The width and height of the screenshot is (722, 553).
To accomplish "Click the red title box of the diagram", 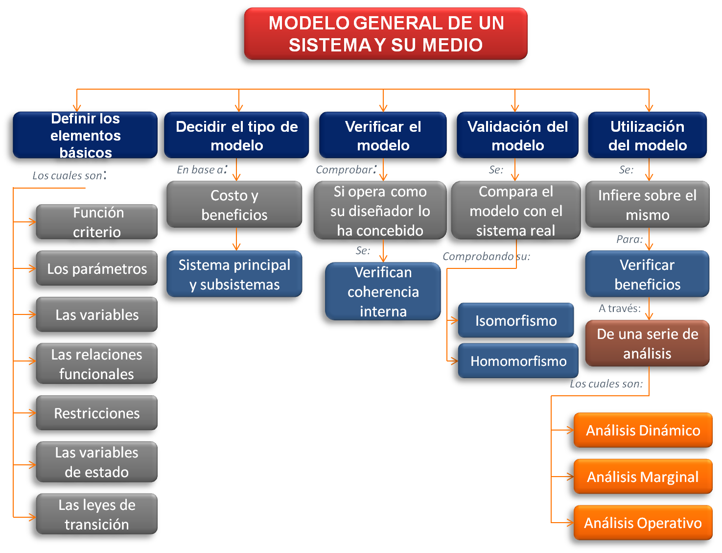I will pos(386,34).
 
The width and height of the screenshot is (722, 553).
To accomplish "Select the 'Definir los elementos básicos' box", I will pos(85,135).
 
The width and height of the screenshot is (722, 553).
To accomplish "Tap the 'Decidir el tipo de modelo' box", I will pos(236,136).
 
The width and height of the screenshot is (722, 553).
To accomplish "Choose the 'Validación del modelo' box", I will pos(517,136).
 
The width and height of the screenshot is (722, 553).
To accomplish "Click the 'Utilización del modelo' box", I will pos(647,136).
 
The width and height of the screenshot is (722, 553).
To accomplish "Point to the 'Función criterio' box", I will pos(97,222).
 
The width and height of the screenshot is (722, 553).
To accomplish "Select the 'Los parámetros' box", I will pos(97,268).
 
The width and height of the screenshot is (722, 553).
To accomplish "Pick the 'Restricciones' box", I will pos(97,413).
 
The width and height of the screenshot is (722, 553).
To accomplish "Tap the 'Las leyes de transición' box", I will pos(97,514).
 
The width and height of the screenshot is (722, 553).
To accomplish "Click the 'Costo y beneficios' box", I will pos(234,205).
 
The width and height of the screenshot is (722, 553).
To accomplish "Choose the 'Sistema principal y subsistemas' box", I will pos(234,274).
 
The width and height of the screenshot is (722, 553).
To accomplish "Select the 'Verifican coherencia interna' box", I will pos(383,291).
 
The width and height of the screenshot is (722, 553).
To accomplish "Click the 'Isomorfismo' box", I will pos(516,321).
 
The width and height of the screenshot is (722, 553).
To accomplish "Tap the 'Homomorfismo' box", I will pos(518,361).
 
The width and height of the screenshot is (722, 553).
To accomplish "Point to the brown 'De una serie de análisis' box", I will pos(647,343).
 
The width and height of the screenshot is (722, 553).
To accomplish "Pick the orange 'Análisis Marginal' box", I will pos(643,477).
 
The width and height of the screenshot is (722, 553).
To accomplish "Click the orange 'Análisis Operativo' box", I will pos(643,523).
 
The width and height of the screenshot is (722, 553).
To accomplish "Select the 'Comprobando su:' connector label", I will pos(486,256).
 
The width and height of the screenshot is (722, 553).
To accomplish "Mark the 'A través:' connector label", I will pos(620,308).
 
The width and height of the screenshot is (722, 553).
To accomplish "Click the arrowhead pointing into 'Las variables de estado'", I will pos(32,465).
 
